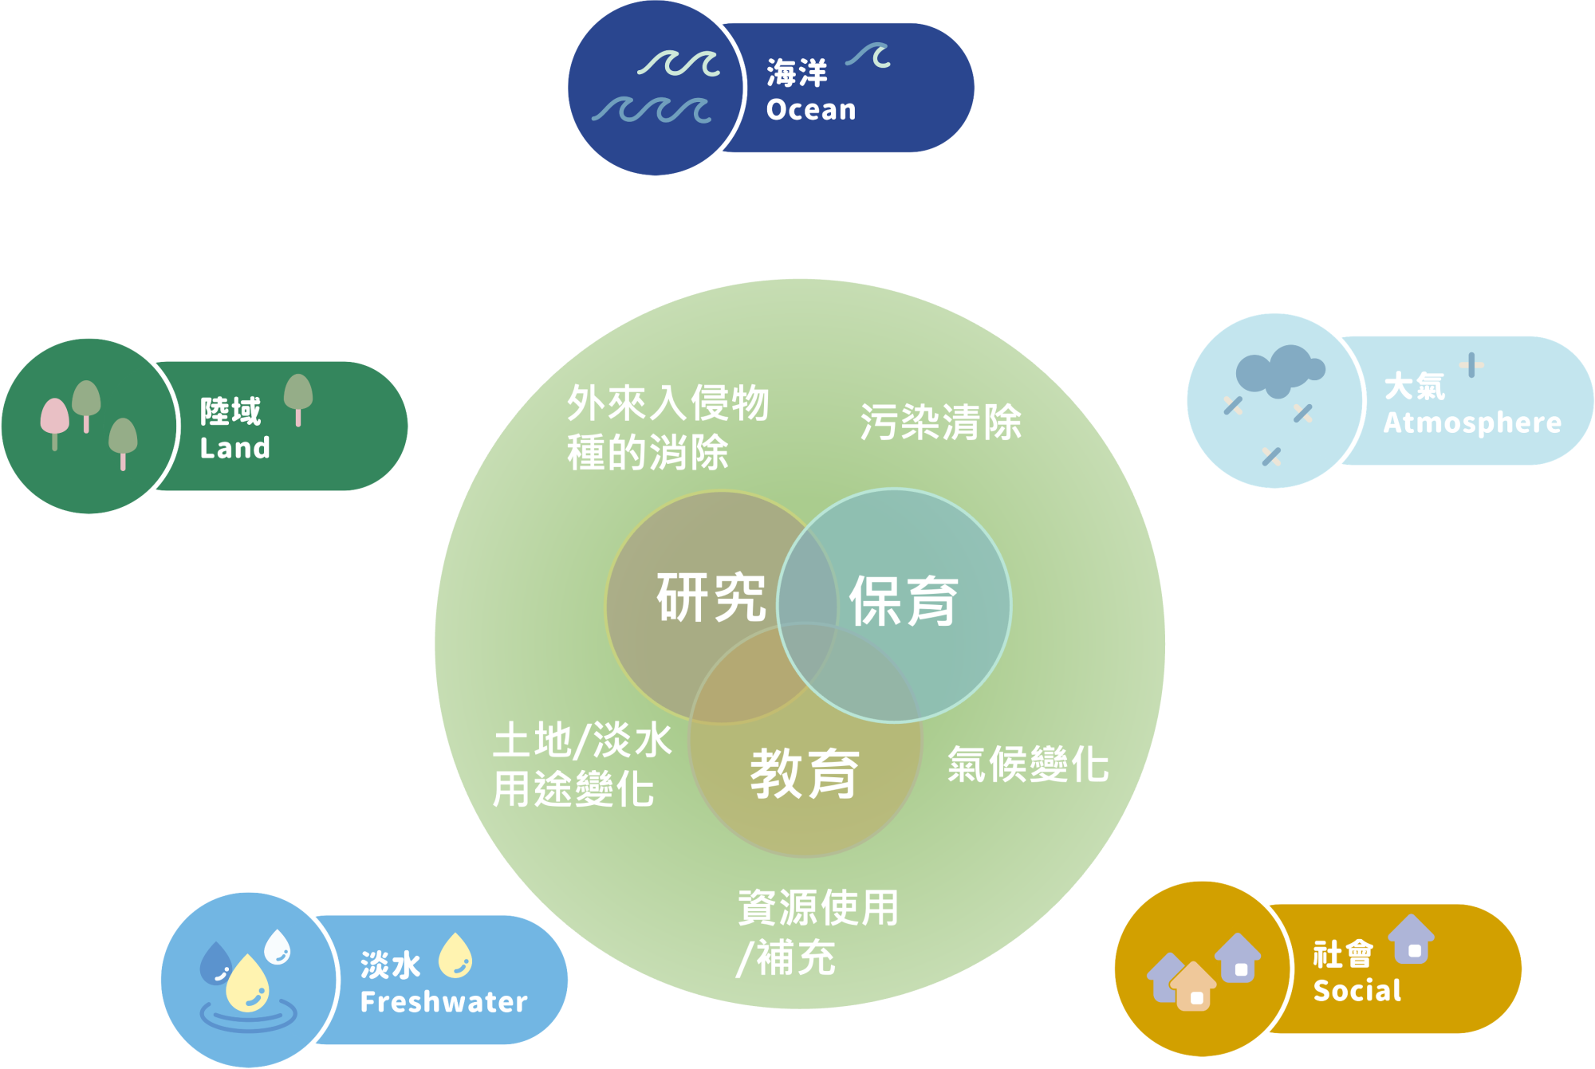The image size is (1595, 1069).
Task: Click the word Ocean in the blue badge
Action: click(811, 110)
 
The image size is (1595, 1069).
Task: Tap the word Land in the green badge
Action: click(234, 448)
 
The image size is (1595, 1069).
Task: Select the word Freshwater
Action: click(443, 1002)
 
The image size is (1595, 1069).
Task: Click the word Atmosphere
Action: click(1472, 422)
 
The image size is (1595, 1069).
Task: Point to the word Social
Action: click(1357, 991)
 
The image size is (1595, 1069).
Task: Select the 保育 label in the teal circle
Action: click(903, 601)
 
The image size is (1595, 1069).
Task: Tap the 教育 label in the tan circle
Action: click(804, 773)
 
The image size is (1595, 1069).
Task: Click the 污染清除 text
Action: click(940, 422)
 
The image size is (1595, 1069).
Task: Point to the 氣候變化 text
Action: click(1027, 764)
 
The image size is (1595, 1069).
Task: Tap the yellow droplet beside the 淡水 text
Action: click(455, 955)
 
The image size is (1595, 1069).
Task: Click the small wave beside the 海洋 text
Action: click(869, 55)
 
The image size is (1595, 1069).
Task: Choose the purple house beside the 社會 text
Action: click(1412, 939)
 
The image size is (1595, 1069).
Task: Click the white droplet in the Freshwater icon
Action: click(278, 946)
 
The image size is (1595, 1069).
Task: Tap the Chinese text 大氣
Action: click(1414, 387)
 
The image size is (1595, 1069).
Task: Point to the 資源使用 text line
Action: click(817, 907)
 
